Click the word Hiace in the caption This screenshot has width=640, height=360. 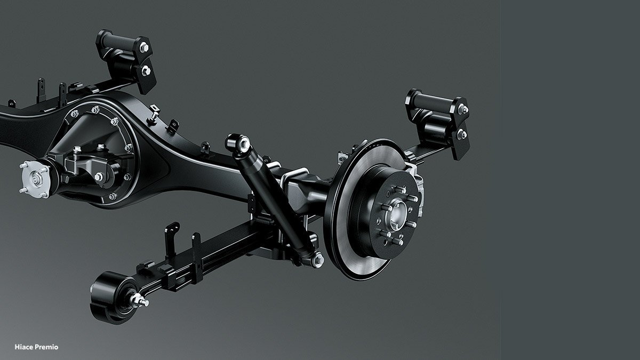[x=23, y=347]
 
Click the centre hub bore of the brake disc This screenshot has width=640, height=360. [x=397, y=214]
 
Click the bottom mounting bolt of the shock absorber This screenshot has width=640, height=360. [x=317, y=259]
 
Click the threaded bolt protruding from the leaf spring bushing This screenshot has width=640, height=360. [x=139, y=301]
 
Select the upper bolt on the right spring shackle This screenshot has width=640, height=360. [x=463, y=109]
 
